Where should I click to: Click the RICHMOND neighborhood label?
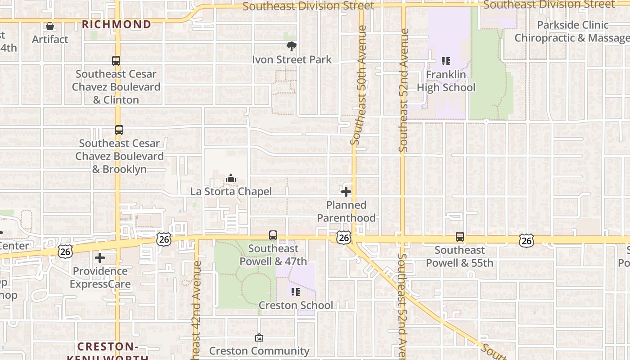(x=116, y=24)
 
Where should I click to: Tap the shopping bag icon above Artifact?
(x=50, y=27)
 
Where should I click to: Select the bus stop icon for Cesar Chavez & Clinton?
(x=116, y=61)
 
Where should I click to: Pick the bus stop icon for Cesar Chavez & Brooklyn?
(x=119, y=130)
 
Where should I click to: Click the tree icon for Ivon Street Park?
(x=292, y=46)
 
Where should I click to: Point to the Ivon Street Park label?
(x=292, y=59)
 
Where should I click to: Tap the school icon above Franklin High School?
(x=446, y=61)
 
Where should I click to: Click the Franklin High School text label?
(x=446, y=81)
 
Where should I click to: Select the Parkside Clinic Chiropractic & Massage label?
(x=572, y=31)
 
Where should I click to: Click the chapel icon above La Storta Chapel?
(x=231, y=179)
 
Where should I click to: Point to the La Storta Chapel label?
(x=231, y=191)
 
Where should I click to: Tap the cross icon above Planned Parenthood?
(x=346, y=192)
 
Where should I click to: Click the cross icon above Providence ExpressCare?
(x=100, y=258)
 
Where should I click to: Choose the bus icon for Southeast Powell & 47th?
(x=273, y=235)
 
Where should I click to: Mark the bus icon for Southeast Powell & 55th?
(x=459, y=237)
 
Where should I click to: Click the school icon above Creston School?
(x=296, y=292)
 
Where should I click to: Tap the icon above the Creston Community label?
(x=259, y=337)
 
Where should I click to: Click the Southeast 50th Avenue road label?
(x=359, y=85)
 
